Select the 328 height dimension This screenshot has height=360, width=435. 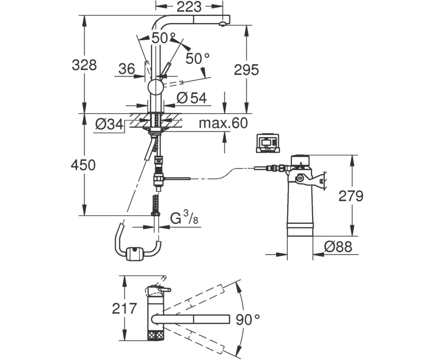[x=84, y=65]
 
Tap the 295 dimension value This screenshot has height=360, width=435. [x=246, y=70]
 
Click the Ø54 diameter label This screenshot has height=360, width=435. [x=191, y=97]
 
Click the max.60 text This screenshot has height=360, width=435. [x=223, y=124]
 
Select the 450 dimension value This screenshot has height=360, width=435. [x=84, y=165]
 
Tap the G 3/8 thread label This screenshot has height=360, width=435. [x=183, y=217]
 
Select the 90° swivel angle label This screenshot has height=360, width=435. [x=247, y=318]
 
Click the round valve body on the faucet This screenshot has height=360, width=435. [x=156, y=88]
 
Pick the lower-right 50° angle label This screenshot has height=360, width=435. [x=197, y=59]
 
